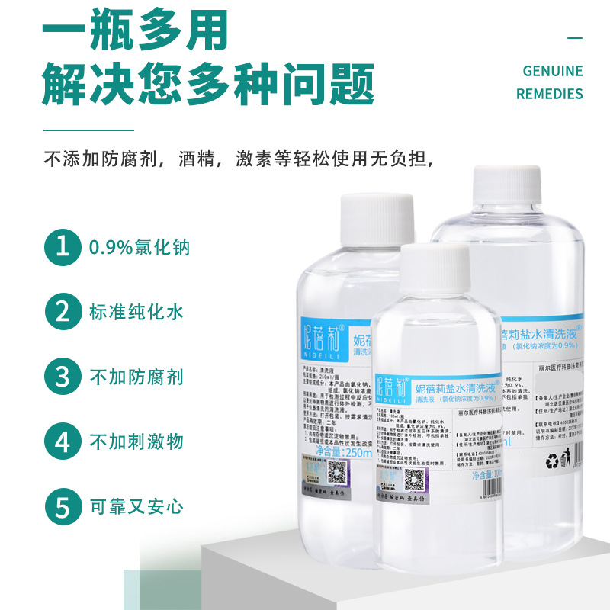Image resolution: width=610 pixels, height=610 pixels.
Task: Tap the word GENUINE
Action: point(552,71)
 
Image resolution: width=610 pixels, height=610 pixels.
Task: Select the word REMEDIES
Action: point(549,94)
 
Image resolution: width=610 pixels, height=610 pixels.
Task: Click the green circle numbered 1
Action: point(62,248)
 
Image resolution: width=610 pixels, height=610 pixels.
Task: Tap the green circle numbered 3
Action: point(62,377)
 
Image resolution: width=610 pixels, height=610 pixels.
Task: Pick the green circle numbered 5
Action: point(62,506)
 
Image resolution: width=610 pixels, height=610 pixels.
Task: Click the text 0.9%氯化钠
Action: point(139,248)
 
